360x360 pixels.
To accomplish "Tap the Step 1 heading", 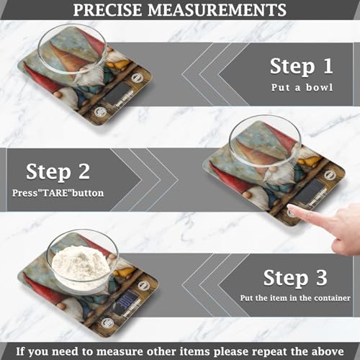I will coord(301,66).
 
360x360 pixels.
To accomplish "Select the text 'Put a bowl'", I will coord(301,89).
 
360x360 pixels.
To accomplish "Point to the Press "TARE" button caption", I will coord(58,193).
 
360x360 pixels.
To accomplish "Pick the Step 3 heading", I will coord(295,277).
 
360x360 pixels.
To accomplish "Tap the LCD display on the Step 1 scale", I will coord(117,93).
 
